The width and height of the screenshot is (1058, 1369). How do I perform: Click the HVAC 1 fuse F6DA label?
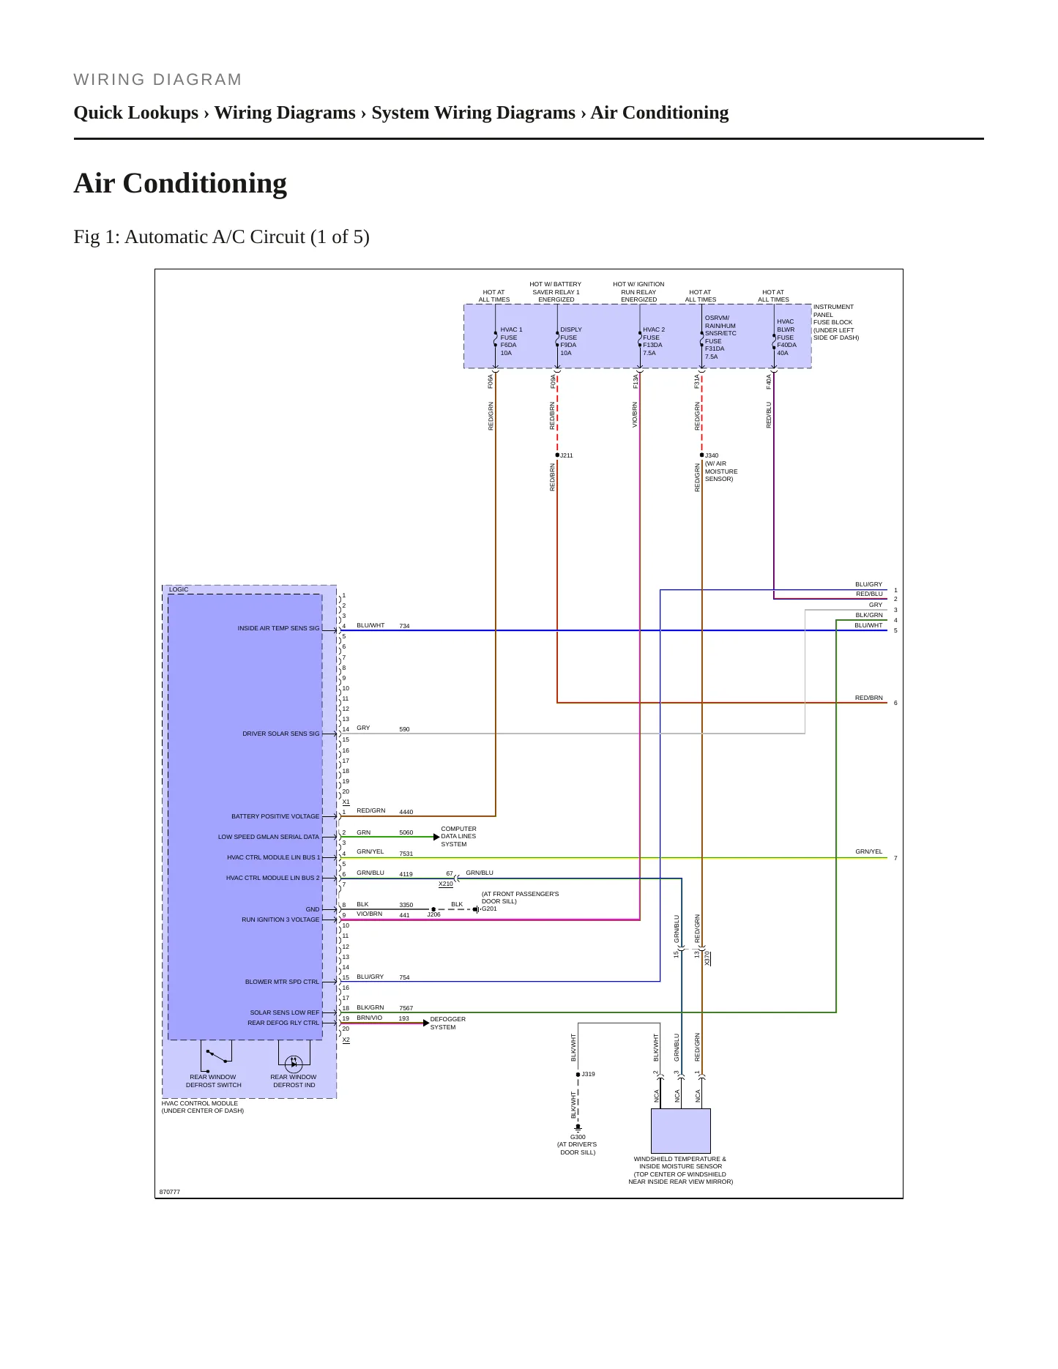click(x=511, y=341)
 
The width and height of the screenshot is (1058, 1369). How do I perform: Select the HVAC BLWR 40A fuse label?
click(x=786, y=337)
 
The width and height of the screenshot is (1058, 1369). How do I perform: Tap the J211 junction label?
click(x=567, y=455)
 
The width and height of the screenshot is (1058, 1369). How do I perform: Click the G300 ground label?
click(x=578, y=1137)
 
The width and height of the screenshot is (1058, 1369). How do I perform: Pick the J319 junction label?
click(x=588, y=1074)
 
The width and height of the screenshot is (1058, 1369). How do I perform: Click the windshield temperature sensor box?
click(x=681, y=1130)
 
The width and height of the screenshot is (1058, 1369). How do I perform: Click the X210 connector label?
click(x=446, y=884)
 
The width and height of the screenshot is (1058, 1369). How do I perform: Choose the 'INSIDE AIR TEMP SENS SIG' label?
click(x=278, y=628)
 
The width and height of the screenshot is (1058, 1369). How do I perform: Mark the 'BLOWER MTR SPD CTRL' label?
click(x=282, y=982)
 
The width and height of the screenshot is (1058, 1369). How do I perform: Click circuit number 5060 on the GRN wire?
click(x=406, y=832)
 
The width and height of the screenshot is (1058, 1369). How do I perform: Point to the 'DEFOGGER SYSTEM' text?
click(x=447, y=1023)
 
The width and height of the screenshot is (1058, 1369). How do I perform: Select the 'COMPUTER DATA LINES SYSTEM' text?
click(x=458, y=836)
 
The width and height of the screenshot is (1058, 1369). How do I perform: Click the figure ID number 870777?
click(x=170, y=1192)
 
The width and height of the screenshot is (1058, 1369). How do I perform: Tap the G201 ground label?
click(x=489, y=909)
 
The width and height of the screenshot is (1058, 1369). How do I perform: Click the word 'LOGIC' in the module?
click(x=179, y=589)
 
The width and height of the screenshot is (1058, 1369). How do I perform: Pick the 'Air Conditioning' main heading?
click(x=180, y=183)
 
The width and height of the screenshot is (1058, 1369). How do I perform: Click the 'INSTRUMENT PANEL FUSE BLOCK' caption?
click(x=836, y=322)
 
